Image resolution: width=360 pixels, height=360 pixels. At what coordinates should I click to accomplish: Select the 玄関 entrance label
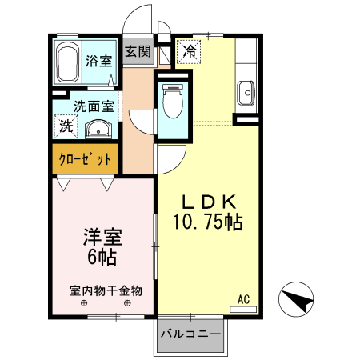coord(138,53)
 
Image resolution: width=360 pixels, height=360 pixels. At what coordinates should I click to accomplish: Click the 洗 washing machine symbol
coord(66,126)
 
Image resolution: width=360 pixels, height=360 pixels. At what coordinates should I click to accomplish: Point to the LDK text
coord(207,202)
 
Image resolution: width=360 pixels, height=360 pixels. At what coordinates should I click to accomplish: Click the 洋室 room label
coord(101,238)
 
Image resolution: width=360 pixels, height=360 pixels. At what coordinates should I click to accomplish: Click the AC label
coord(244,299)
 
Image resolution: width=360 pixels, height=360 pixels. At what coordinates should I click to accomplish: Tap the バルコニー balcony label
coord(190,334)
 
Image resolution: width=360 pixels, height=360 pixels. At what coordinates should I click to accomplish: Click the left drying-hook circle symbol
coord(83,305)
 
